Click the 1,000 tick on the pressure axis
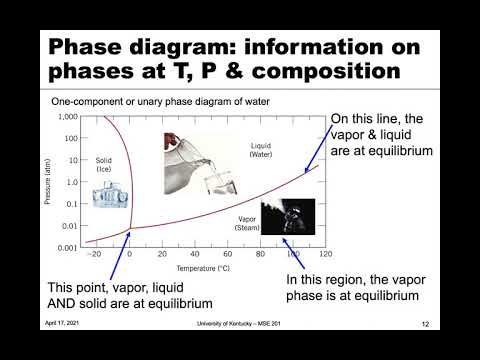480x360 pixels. click(x=68, y=117)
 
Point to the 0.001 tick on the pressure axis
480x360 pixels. click(x=68, y=246)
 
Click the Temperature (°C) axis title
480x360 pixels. click(x=206, y=268)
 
